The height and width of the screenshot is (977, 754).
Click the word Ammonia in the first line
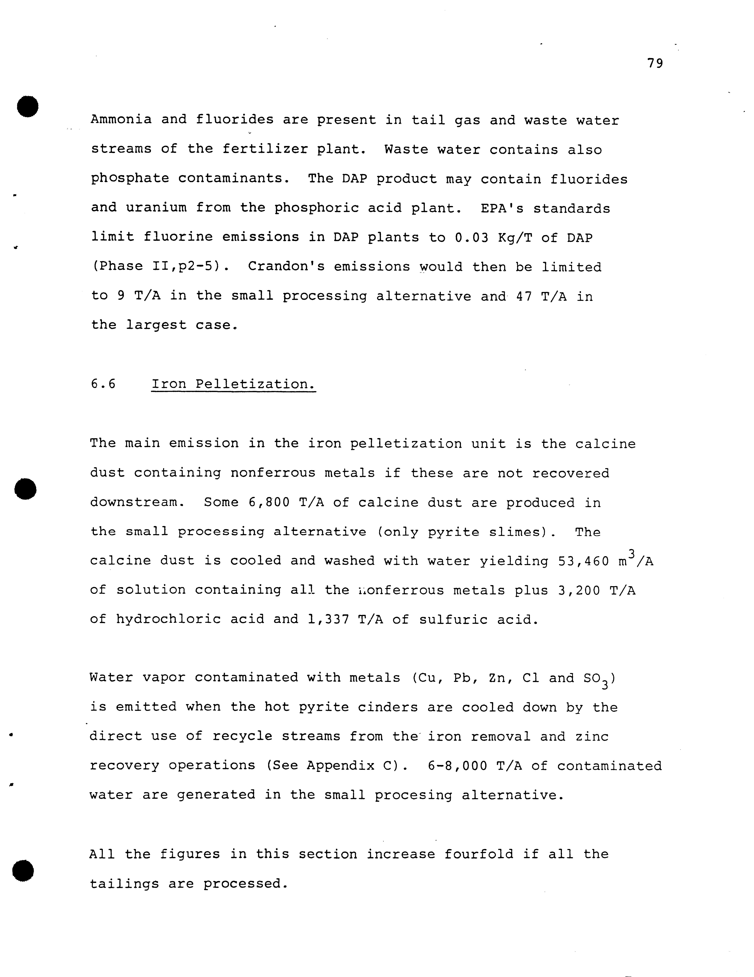(121, 120)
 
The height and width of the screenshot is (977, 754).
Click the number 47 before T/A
(524, 296)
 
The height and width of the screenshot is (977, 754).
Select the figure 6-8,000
(457, 766)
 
